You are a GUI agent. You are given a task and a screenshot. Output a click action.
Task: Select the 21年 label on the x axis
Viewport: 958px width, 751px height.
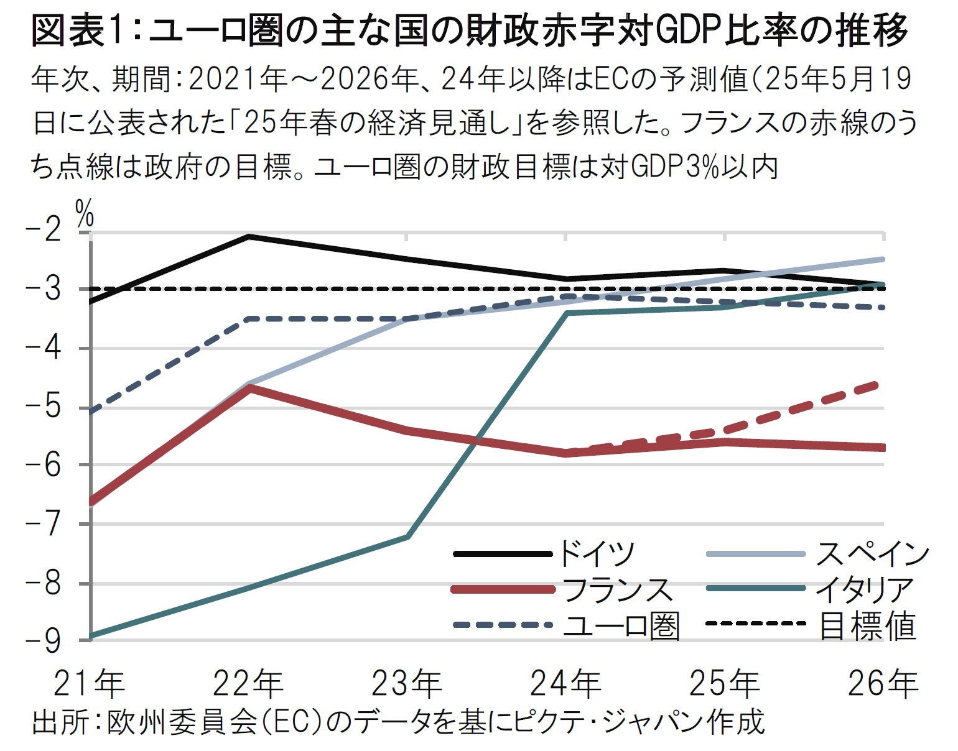pyautogui.click(x=90, y=684)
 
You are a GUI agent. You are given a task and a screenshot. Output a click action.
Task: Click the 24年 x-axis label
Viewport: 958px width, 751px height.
pyautogui.click(x=566, y=684)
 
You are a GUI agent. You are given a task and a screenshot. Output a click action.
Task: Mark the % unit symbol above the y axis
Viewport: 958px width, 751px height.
pyautogui.click(x=85, y=213)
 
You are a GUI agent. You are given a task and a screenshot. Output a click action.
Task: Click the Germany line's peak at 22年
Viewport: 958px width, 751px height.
pyautogui.click(x=249, y=236)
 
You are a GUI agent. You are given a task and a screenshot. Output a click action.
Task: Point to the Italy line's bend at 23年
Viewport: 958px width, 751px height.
pyautogui.click(x=407, y=537)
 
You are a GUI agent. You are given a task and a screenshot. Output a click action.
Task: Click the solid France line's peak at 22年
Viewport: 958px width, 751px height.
pyautogui.click(x=249, y=387)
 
